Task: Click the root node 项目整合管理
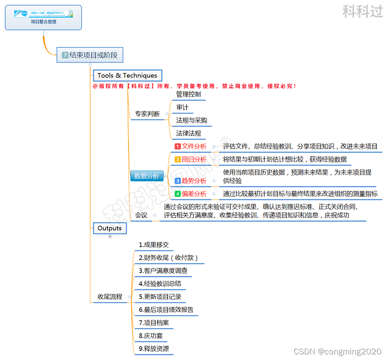coord(43,18)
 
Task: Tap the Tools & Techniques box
coord(127,75)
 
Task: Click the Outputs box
coord(110,228)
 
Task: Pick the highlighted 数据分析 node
coord(147,176)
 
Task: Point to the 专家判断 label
coord(147,114)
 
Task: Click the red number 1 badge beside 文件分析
coord(177,146)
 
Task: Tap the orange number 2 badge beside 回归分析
coord(177,159)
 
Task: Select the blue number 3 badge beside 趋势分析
coord(177,181)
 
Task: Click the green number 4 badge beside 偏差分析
coord(177,194)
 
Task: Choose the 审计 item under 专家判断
coord(182,107)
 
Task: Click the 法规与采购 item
coord(191,120)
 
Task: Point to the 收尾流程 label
coord(110,297)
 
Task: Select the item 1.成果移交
coord(153,245)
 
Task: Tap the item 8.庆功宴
coord(150,335)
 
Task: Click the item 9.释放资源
coord(153,348)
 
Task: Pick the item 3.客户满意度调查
coord(163,271)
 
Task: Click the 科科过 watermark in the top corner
coord(363,11)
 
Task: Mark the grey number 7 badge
coord(65,55)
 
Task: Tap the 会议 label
coord(141,215)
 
